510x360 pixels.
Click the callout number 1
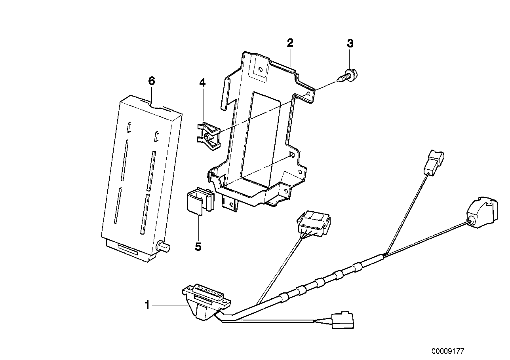147,305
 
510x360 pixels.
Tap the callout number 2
290,43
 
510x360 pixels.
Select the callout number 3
350,43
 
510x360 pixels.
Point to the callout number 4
202,83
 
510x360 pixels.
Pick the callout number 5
198,246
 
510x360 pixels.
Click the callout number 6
152,81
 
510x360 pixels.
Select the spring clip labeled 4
208,136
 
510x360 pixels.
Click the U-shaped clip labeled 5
200,200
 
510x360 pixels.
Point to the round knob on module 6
163,246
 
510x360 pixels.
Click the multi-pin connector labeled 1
206,301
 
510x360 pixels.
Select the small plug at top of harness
433,162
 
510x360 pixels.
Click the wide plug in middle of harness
313,224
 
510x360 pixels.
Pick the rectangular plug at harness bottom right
343,320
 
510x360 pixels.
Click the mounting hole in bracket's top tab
261,69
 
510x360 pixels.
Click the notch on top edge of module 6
157,106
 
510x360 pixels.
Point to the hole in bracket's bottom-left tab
231,204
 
